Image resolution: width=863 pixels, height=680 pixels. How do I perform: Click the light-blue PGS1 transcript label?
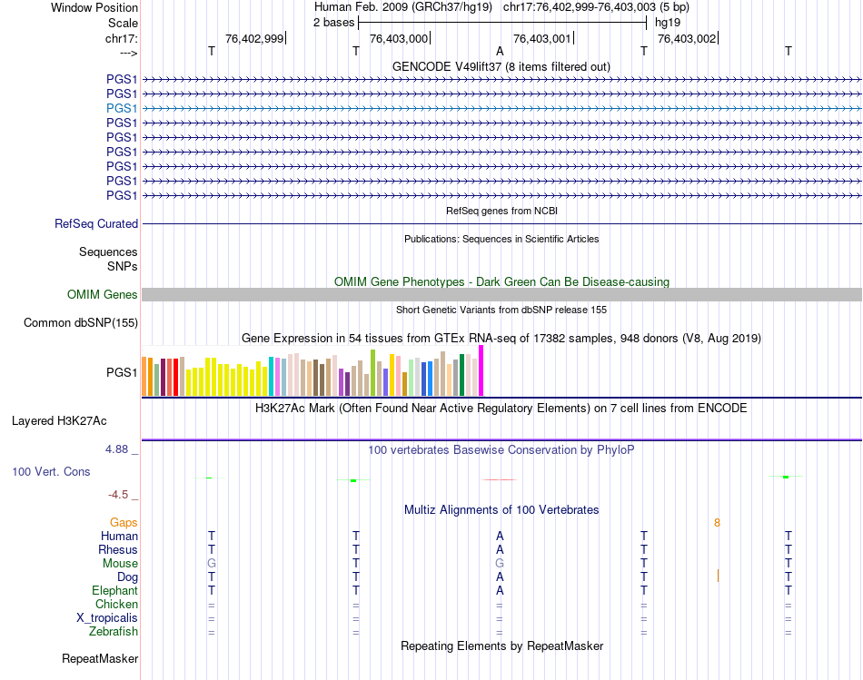[122, 108]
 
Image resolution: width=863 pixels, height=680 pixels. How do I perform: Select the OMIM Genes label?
[103, 294]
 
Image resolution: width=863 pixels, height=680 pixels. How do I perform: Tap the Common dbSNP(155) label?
[81, 322]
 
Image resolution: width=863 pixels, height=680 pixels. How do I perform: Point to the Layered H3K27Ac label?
[59, 420]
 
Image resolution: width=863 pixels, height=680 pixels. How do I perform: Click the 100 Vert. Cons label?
[51, 472]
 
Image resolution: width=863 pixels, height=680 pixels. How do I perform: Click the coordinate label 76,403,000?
[399, 38]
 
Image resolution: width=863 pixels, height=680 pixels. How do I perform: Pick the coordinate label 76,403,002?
[687, 38]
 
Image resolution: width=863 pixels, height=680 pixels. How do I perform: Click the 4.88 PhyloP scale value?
[118, 449]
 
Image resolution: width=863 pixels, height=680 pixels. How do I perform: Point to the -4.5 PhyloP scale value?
[119, 495]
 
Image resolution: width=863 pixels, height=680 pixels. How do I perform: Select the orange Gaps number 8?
[717, 522]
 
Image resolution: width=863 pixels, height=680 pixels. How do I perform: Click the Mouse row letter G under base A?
[500, 563]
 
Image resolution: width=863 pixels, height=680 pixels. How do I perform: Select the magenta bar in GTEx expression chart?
[481, 370]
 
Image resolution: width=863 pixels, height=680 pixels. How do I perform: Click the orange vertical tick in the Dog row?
[718, 576]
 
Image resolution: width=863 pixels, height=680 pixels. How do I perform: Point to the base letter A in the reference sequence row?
[500, 52]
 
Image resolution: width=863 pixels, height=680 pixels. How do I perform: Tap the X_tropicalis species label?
[107, 617]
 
